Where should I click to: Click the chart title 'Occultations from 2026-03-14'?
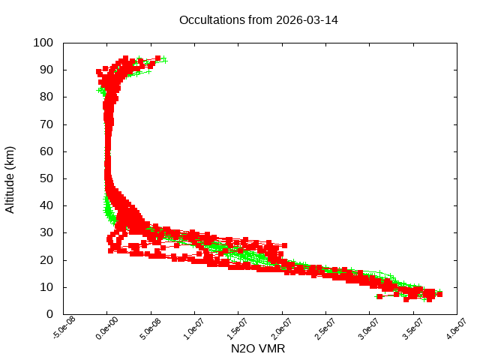[258, 19]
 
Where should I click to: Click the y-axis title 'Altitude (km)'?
[10, 178]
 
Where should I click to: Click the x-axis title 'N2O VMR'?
[258, 349]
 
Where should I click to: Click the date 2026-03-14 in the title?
[307, 19]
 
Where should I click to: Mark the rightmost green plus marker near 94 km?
[164, 60]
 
